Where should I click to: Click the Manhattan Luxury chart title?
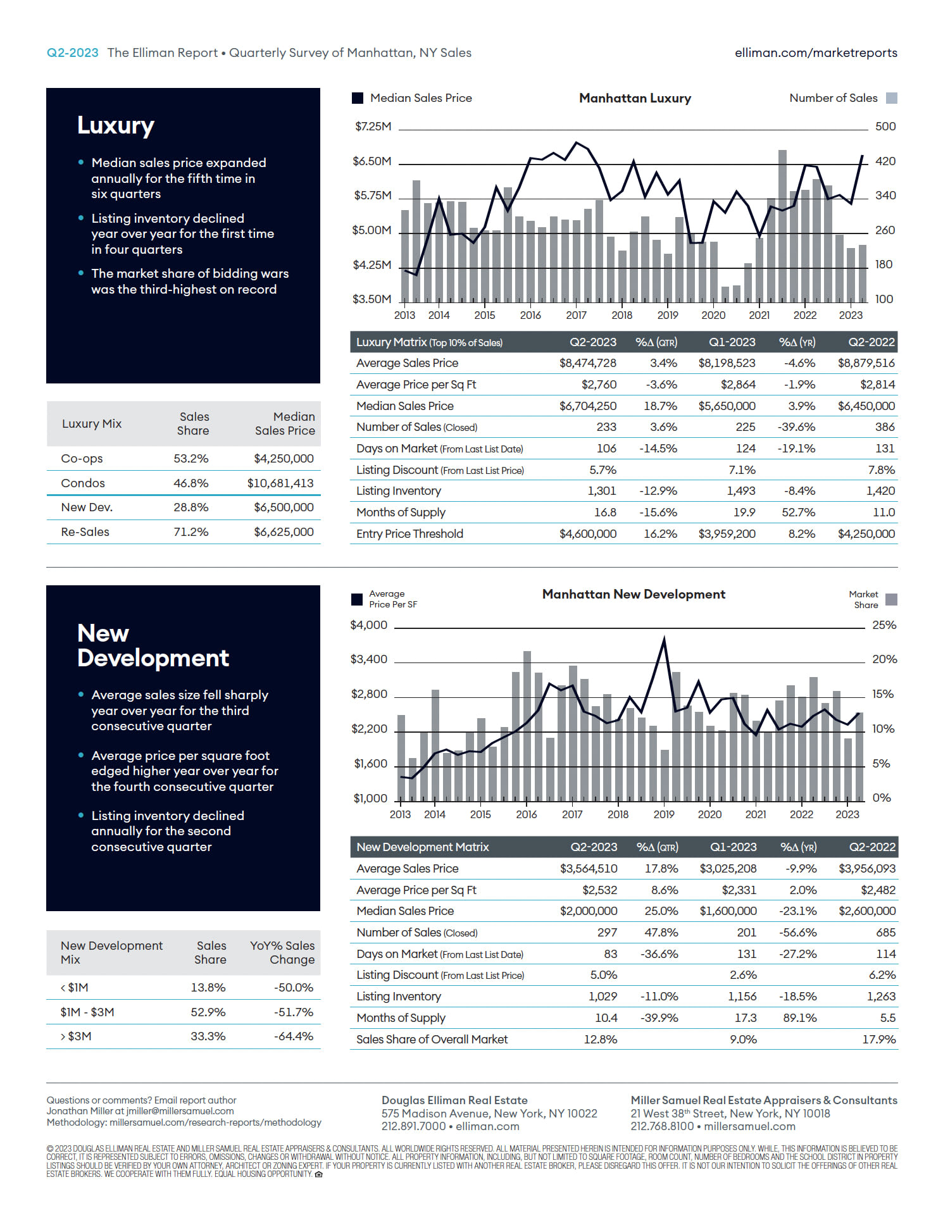(x=635, y=98)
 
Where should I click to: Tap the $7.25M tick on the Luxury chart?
(x=373, y=127)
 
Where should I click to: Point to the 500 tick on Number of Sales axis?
(x=885, y=127)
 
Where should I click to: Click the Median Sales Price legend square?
(x=358, y=98)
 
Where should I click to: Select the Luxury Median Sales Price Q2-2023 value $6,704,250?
(x=588, y=406)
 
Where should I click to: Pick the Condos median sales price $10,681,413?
(x=280, y=483)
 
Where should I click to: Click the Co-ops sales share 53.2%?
(x=191, y=458)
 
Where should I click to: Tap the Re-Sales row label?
(x=85, y=532)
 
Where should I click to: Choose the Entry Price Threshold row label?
(x=409, y=533)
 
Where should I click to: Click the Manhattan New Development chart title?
(x=634, y=594)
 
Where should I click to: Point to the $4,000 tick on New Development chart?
(x=369, y=625)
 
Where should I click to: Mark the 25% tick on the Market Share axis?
(x=884, y=625)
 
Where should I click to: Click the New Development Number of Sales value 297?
(x=607, y=932)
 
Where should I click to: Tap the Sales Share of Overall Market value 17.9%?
(x=879, y=1039)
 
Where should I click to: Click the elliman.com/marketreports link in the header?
(x=816, y=53)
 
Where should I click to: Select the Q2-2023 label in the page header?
(x=73, y=53)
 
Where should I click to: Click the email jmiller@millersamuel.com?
(x=180, y=1111)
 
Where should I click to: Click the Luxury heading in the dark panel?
(x=116, y=125)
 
